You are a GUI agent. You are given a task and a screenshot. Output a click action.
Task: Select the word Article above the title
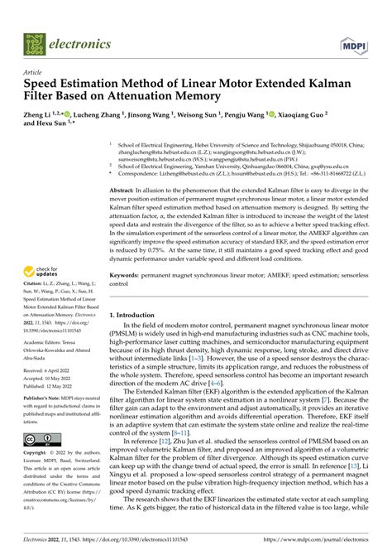[x=34, y=72]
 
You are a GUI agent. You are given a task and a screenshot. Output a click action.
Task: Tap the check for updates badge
[x=45, y=249]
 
